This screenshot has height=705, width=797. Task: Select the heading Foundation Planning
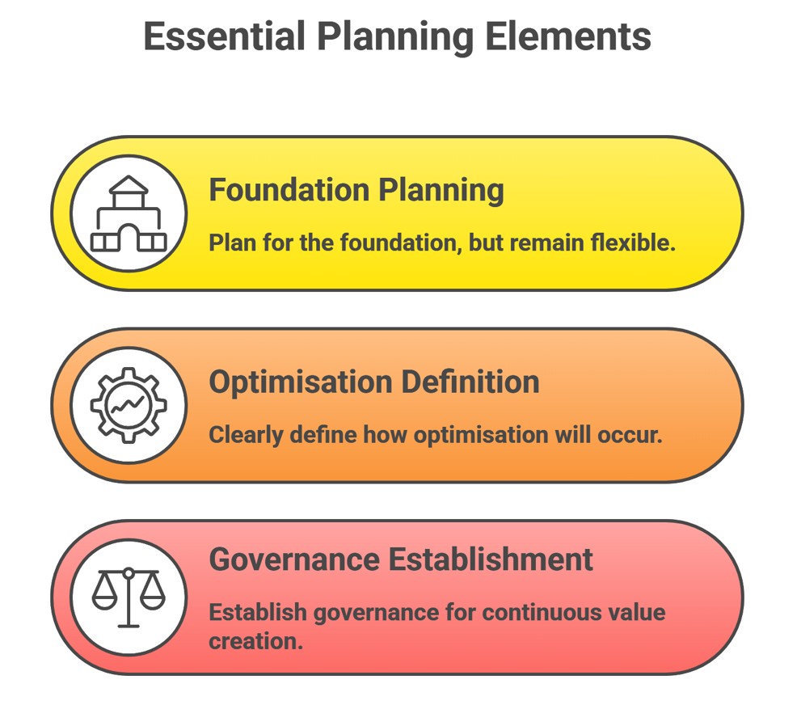coord(356,190)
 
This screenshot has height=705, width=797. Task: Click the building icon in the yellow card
coord(129,213)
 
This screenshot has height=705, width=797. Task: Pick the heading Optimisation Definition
coord(374,382)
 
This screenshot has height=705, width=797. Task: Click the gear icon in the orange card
coord(129,405)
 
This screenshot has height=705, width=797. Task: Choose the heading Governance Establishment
coord(401,559)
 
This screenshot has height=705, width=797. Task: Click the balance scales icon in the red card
coord(129,597)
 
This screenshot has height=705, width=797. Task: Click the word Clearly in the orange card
coord(241,434)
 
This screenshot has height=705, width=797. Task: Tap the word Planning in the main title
coord(394,36)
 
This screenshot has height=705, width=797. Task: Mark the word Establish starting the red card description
coord(257,612)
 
